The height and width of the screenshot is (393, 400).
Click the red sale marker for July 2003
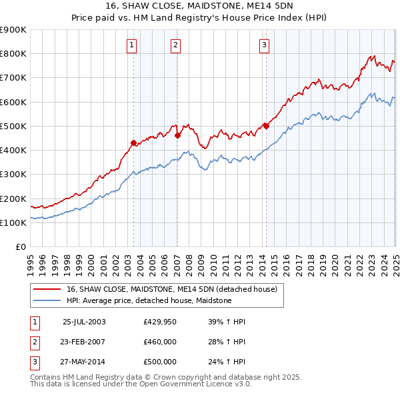pos(133,143)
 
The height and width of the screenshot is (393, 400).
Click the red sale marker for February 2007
pos(177,135)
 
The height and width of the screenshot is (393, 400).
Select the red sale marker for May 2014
pos(266,125)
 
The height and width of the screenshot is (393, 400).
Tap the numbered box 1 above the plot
pos(131,45)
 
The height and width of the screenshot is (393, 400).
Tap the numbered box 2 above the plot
pos(175,45)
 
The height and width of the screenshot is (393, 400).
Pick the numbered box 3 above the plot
pos(264,45)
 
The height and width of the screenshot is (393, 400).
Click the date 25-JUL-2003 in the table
pos(85,322)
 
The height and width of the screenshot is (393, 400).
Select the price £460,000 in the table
pos(160,342)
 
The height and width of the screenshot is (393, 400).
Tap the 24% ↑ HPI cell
pos(227,362)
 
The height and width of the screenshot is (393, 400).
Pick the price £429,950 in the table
pos(160,322)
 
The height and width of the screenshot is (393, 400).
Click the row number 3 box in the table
pos(34,362)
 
